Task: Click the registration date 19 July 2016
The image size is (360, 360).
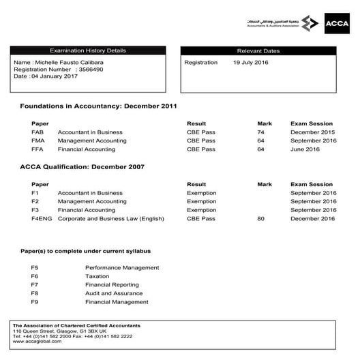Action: tap(251, 62)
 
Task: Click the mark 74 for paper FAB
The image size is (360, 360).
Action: tap(260, 132)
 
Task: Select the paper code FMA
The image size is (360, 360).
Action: tap(38, 140)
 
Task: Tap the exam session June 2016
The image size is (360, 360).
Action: tap(305, 149)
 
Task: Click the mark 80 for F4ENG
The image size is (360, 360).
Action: tap(260, 218)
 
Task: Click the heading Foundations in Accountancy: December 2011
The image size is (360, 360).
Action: tap(98, 106)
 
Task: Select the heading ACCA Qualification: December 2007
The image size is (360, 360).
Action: tap(82, 167)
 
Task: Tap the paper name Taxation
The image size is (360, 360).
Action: tap(97, 276)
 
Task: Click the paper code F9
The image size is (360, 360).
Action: tap(34, 301)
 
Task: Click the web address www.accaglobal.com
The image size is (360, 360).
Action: tap(37, 341)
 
